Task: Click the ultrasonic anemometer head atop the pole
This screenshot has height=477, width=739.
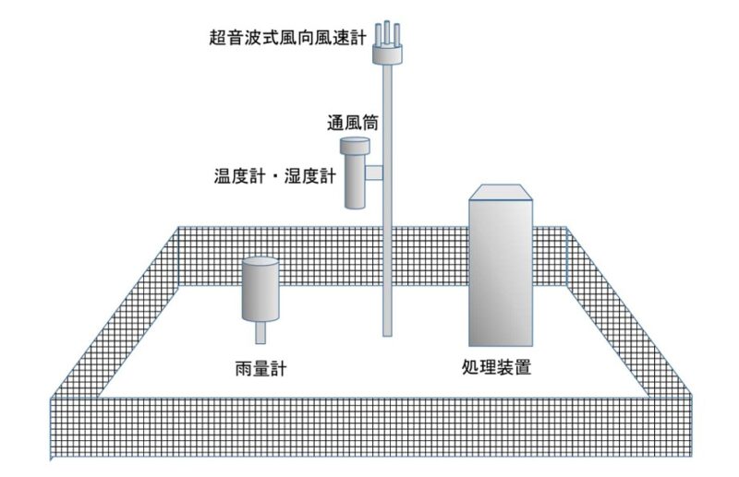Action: tap(389, 53)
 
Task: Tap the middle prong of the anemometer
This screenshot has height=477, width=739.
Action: tap(389, 31)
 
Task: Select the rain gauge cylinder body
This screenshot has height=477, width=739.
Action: tap(260, 289)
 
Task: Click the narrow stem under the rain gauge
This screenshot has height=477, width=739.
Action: tap(260, 330)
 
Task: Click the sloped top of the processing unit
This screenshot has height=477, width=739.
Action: tap(501, 191)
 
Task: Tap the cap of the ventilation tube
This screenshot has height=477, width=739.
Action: tap(355, 146)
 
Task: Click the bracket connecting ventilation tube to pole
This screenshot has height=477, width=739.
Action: tap(374, 173)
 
